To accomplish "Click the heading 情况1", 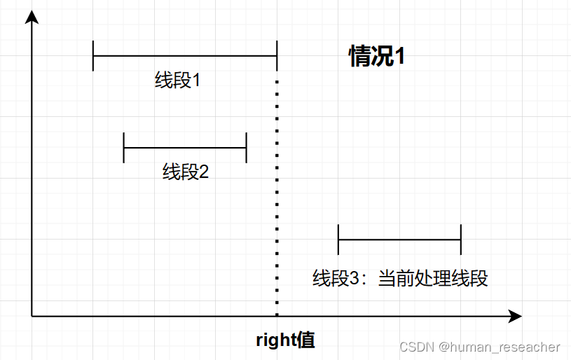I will [377, 57].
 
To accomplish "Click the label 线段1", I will [178, 81].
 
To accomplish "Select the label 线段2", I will [186, 172].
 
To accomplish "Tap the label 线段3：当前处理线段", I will [400, 278].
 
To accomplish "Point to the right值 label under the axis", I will [285, 340].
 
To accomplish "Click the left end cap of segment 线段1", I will [93, 55].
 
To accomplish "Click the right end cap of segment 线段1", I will [277, 55].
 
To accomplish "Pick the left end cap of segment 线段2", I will [124, 148].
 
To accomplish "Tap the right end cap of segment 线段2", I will [247, 148].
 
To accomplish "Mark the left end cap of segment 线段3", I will [338, 240].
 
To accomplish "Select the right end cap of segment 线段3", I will [461, 240].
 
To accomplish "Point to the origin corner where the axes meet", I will [32, 317].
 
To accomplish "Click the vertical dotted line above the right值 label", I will [277, 196].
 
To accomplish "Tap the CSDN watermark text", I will [415, 347].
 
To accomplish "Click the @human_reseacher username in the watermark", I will [500, 347].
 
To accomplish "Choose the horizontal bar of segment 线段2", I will [185, 148].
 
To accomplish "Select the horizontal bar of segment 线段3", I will [399, 240].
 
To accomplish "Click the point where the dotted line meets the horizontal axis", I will [277, 317].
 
